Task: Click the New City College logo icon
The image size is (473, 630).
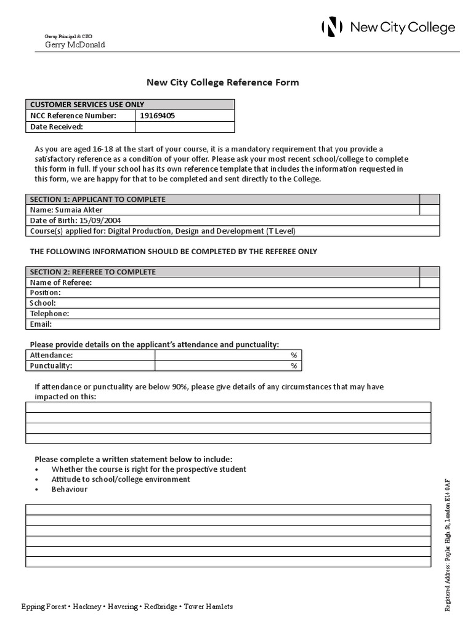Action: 332,27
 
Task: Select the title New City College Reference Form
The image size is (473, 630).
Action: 222,82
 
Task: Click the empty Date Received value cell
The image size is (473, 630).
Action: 185,127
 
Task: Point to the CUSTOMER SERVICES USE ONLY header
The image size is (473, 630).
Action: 87,105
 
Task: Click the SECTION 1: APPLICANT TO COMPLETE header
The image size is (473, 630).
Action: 97,199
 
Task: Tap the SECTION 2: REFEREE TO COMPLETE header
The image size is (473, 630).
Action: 92,272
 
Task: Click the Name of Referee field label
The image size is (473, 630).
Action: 61,282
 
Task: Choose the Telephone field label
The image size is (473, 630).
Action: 49,313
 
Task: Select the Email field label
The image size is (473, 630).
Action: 41,324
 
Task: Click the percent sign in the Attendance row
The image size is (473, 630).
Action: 294,356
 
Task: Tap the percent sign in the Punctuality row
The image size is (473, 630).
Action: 294,366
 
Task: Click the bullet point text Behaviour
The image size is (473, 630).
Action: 70,489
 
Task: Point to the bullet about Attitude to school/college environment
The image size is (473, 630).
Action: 121,479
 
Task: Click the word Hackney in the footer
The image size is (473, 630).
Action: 87,606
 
